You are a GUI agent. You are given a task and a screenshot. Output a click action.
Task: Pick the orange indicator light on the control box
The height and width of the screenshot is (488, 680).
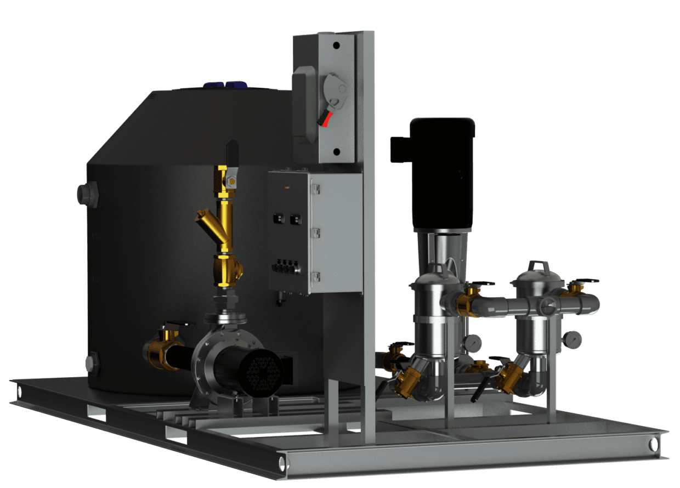point(285,188)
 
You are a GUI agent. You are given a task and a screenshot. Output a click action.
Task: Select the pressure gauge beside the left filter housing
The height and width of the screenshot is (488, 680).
point(472,343)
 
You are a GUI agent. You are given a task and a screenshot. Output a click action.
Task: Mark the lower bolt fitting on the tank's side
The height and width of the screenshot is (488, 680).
point(90,364)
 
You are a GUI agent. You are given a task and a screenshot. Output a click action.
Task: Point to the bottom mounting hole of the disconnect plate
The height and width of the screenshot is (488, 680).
point(336,151)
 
